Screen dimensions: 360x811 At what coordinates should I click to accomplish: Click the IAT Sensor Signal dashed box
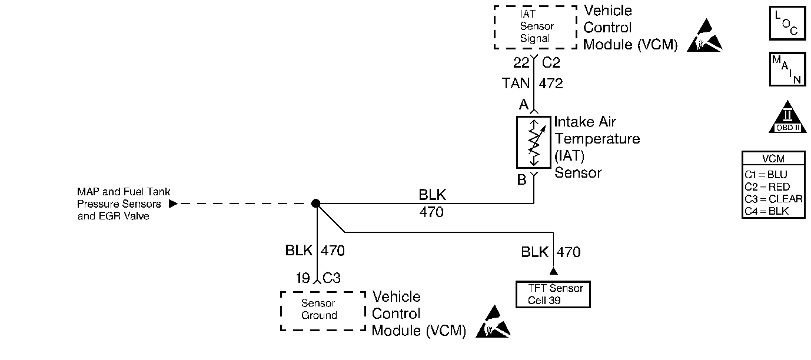coord(534,27)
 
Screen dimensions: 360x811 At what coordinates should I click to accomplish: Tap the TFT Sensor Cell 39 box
coord(552,294)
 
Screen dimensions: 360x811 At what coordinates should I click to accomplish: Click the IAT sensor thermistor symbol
coord(533,142)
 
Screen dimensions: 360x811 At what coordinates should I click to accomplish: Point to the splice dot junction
coord(315,204)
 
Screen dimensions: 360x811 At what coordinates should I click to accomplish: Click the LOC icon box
coord(787,23)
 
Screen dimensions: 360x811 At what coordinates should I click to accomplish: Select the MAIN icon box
coord(787,69)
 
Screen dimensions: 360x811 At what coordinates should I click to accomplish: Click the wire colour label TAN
coord(516,84)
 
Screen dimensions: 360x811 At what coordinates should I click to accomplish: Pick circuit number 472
coord(551,84)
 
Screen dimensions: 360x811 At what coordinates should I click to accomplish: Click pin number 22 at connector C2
coord(521,62)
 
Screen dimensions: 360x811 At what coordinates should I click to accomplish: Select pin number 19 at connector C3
coord(303,278)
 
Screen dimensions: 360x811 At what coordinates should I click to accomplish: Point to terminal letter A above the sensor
coord(523,105)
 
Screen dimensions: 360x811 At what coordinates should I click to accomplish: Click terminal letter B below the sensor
coord(521,180)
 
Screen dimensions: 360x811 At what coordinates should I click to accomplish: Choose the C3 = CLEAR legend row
coord(773,199)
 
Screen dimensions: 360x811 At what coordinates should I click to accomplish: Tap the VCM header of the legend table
coord(773,159)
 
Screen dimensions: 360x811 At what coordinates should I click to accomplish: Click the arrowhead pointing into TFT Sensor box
coord(553,272)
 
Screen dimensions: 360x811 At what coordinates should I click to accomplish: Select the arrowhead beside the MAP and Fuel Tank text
coord(172,204)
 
